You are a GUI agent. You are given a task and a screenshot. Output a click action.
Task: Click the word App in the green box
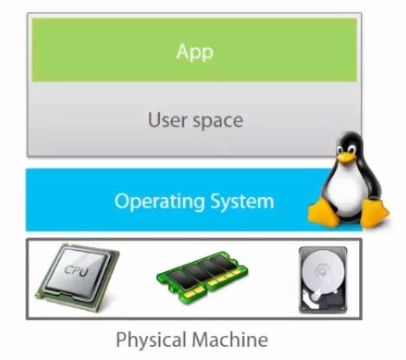(195, 52)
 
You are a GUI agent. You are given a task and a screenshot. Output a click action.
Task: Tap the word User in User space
(168, 120)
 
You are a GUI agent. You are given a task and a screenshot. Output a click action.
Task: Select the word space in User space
(217, 122)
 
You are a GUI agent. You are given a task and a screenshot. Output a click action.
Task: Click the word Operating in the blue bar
(160, 202)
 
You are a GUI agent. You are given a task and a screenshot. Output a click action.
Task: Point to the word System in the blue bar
(242, 202)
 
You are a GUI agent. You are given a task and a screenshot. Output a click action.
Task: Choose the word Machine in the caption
(230, 339)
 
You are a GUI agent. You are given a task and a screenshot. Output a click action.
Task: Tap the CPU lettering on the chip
(76, 270)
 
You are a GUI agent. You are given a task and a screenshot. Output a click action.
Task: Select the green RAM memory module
(202, 277)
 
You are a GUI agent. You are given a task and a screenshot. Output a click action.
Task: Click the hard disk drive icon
(323, 280)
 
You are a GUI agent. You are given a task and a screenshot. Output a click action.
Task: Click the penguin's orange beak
(346, 157)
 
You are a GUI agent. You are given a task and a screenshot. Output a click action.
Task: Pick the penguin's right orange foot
(374, 213)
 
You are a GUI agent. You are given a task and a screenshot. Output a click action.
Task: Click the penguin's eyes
(345, 149)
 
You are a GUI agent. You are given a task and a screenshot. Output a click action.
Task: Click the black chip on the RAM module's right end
(224, 263)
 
